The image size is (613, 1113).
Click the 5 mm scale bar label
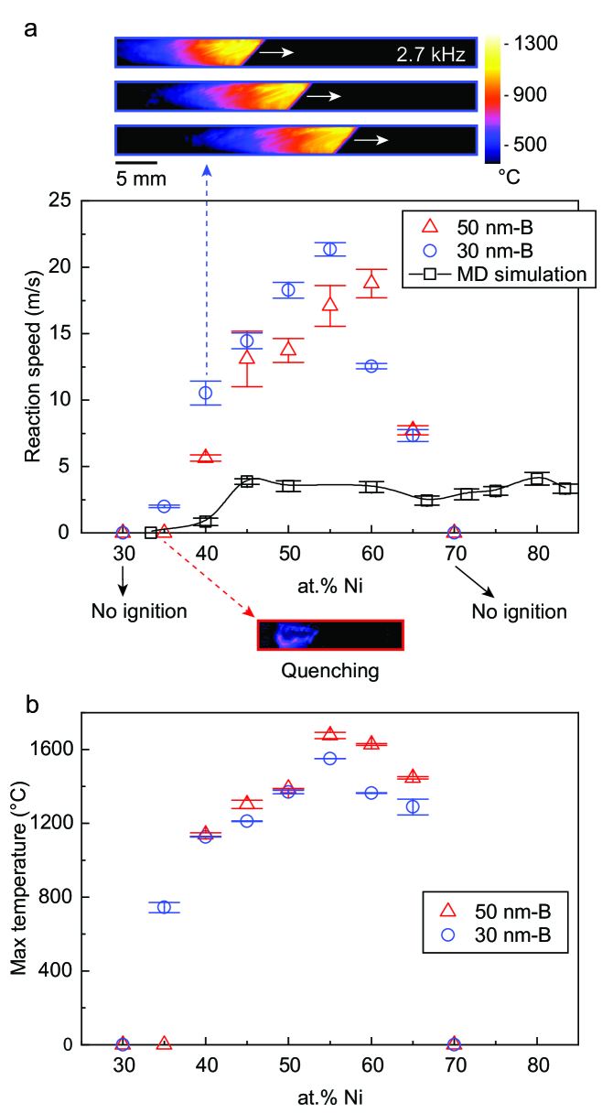(141, 178)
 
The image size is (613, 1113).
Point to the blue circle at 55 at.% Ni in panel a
(329, 249)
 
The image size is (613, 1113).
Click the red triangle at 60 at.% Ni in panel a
(371, 282)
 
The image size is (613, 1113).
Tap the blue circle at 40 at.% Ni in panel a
(206, 393)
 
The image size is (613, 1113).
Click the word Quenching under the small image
(329, 671)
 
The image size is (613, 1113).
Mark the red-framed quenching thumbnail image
(330, 634)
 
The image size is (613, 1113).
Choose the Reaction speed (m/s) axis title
(34, 366)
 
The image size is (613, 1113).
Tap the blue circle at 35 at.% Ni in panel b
(164, 907)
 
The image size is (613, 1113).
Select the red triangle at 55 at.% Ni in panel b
(329, 734)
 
